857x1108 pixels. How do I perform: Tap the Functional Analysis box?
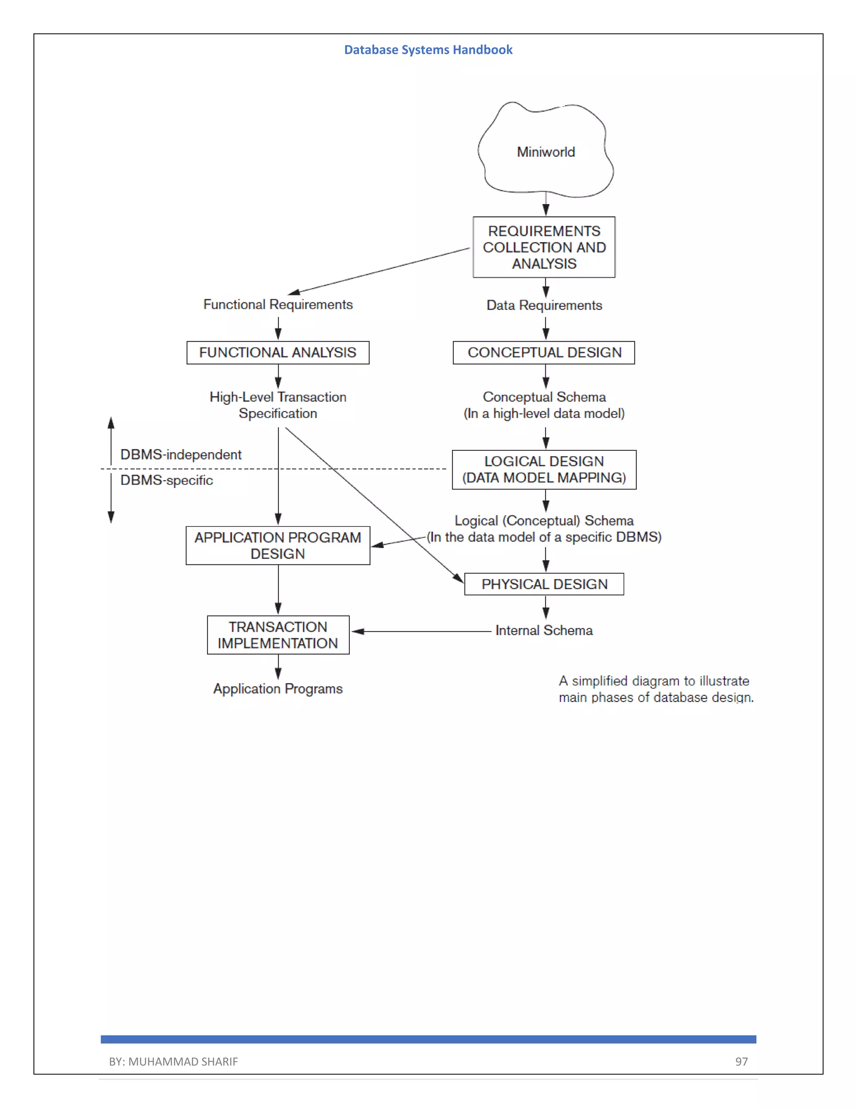coord(278,352)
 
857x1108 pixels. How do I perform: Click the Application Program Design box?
coord(278,545)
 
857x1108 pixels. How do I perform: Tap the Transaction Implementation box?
coord(278,635)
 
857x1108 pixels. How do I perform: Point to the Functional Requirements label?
coord(278,304)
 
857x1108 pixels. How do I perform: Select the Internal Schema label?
coord(544,630)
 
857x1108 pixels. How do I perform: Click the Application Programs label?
coord(278,689)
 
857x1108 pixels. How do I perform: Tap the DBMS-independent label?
coord(181,454)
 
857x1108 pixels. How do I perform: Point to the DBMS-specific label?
coord(167,480)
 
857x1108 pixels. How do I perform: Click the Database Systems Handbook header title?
coord(428,50)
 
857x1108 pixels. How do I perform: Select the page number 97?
coord(741,1061)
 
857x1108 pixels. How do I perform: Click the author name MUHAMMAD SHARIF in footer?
coord(183,1061)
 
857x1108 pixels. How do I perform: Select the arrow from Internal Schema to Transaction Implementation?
coord(421,631)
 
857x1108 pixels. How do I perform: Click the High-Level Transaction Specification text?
coord(278,405)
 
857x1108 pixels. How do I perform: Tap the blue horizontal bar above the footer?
coord(428,1039)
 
